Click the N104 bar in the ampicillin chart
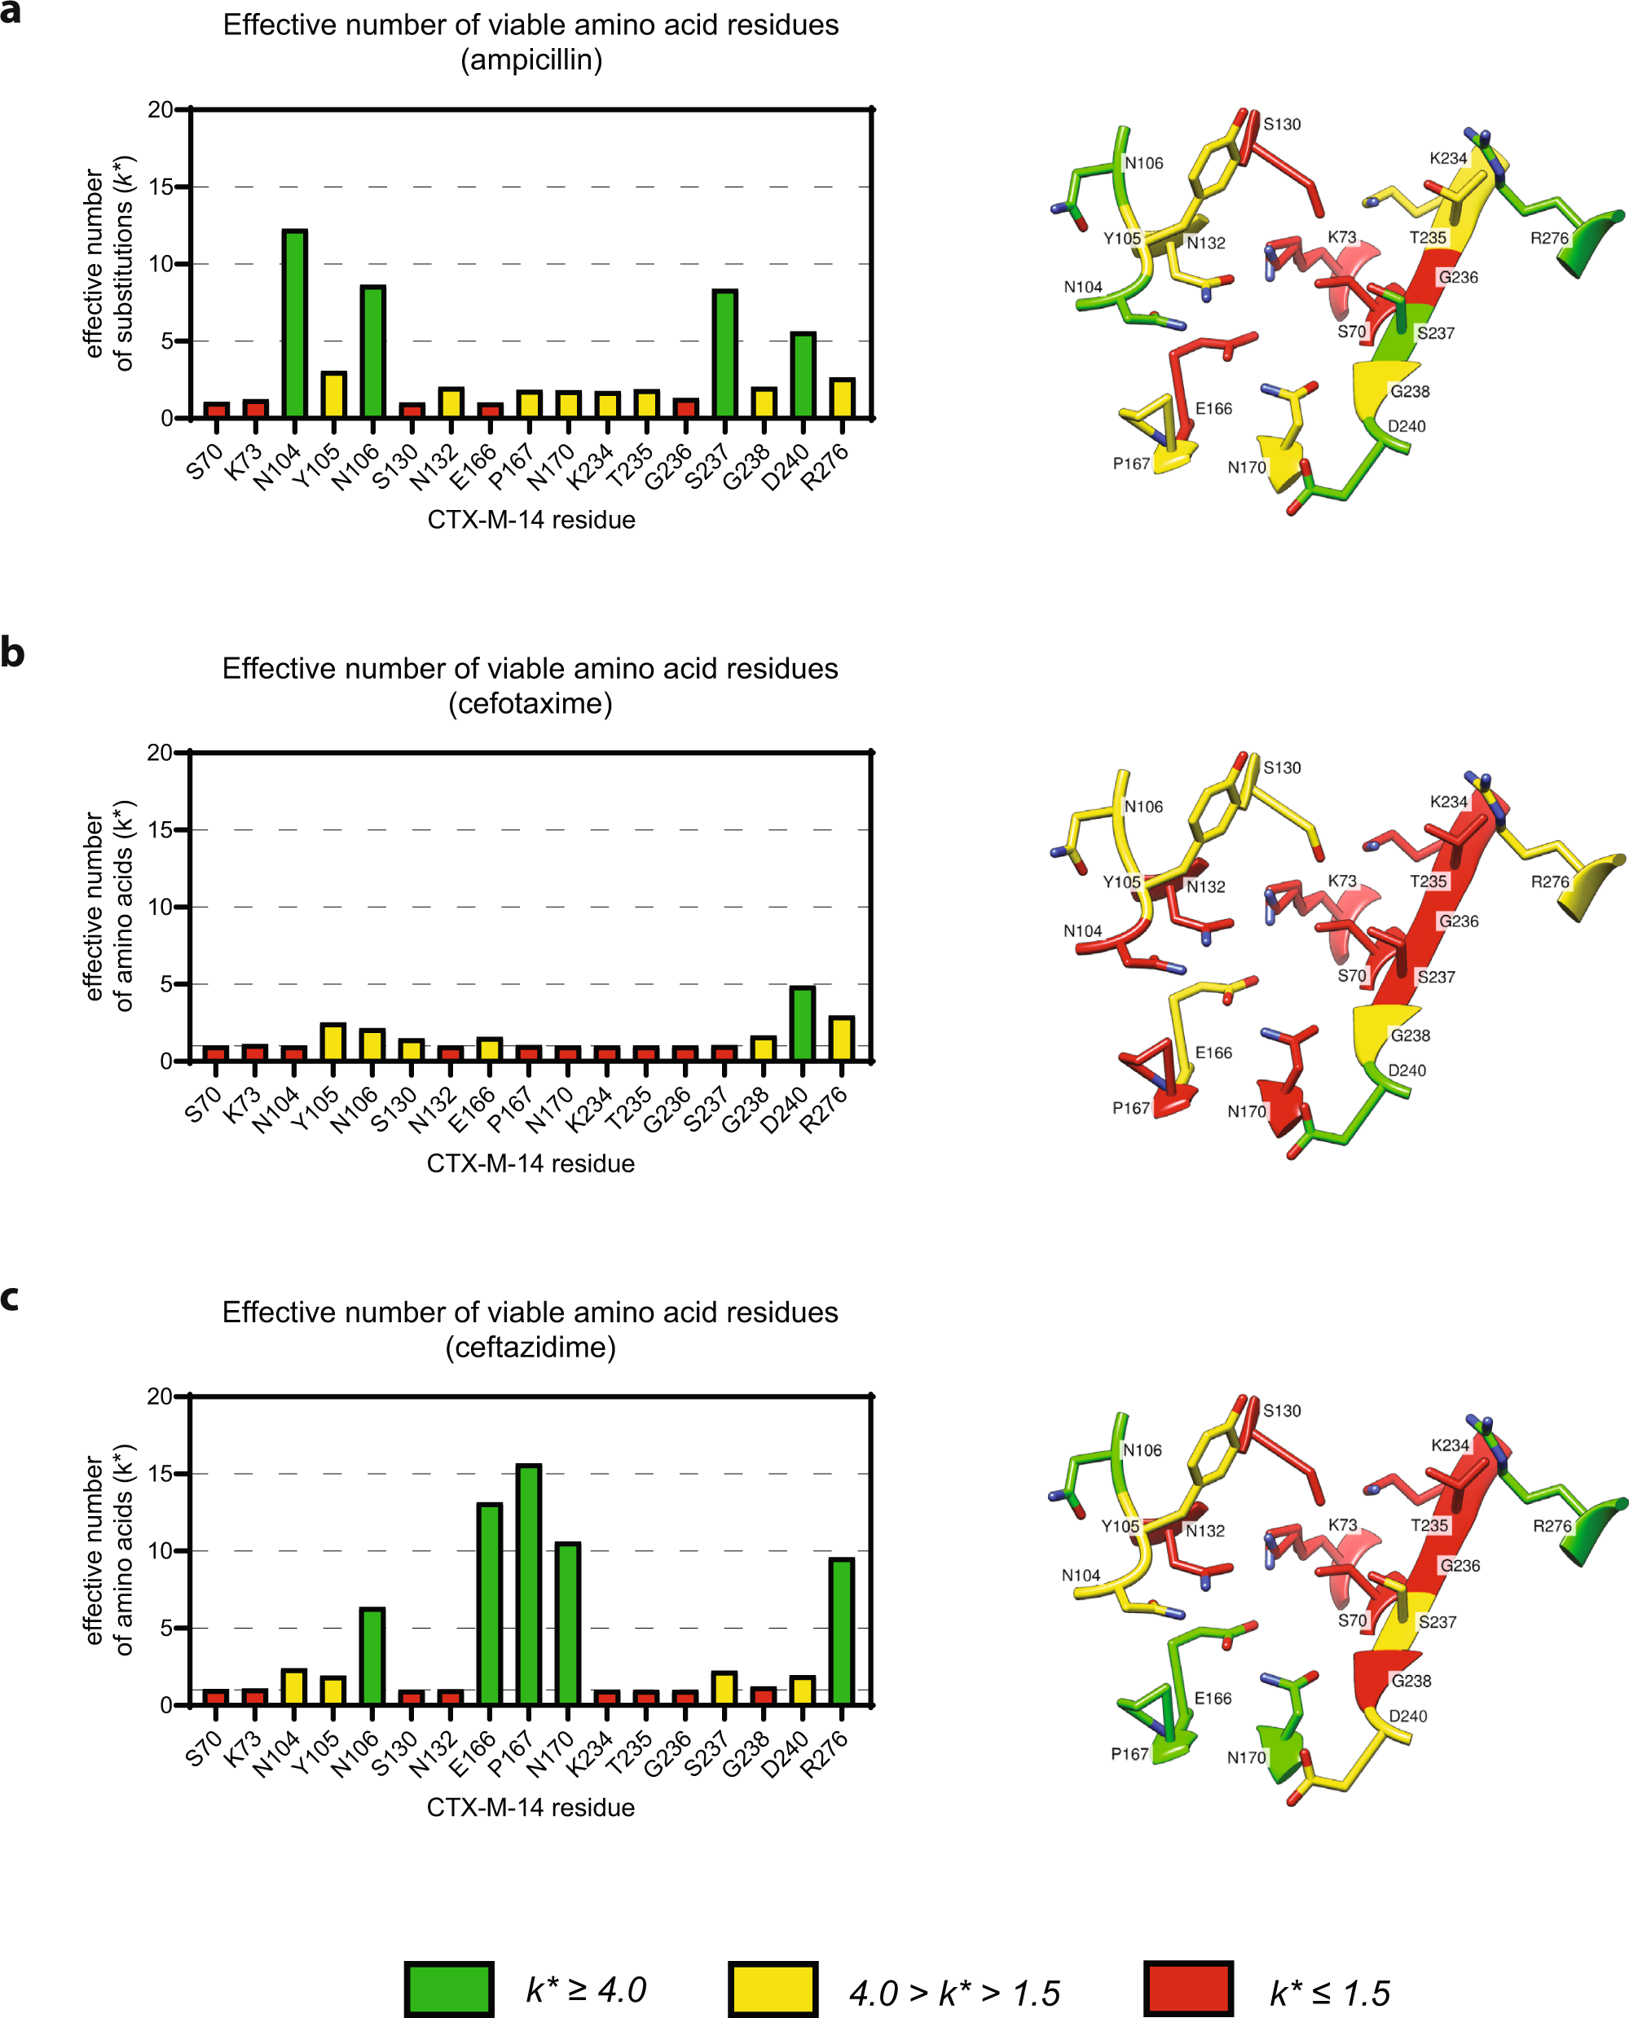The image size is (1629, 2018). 295,323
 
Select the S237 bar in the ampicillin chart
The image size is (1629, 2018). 724,354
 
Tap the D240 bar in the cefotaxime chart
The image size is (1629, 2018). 803,1022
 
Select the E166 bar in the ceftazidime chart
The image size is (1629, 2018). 490,1603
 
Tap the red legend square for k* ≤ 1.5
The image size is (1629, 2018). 1188,1988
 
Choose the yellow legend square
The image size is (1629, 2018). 773,1988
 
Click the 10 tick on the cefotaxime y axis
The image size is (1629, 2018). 161,908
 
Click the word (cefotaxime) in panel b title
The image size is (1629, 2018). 531,704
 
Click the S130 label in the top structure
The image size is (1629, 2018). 1282,125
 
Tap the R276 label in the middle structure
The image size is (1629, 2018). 1550,882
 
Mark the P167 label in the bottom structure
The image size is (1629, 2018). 1129,1754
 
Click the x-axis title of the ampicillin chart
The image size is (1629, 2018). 531,520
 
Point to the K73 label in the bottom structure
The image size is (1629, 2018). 1343,1524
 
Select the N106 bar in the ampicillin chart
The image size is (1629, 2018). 372,352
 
